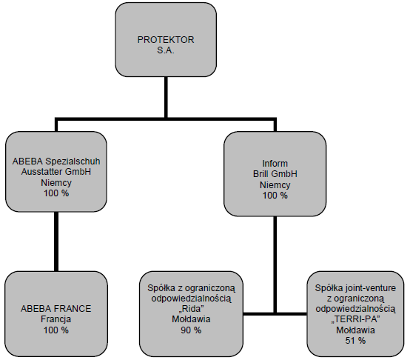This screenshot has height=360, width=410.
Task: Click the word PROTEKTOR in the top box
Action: [166, 40]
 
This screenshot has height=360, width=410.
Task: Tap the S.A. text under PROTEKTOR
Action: [166, 50]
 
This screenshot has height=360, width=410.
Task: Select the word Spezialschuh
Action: [73, 161]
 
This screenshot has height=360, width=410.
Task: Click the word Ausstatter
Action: [42, 172]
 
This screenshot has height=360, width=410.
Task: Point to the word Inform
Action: [275, 164]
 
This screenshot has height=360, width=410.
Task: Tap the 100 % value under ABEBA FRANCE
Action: [56, 330]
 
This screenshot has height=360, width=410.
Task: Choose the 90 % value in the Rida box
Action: [191, 330]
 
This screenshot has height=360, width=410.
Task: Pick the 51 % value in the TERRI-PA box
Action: [355, 341]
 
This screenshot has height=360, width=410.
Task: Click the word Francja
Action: [56, 319]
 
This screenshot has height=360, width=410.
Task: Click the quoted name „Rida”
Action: [191, 309]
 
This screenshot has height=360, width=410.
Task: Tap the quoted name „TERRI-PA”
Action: [355, 319]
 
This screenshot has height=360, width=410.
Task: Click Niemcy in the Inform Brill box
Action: [275, 185]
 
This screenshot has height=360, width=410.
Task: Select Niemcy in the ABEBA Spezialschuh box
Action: [56, 183]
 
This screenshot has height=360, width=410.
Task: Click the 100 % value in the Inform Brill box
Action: [275, 196]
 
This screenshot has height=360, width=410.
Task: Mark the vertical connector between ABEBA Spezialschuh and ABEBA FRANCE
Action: [56, 241]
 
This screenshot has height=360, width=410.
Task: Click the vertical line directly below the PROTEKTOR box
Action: [166, 97]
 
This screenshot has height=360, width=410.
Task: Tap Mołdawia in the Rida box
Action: [191, 319]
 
